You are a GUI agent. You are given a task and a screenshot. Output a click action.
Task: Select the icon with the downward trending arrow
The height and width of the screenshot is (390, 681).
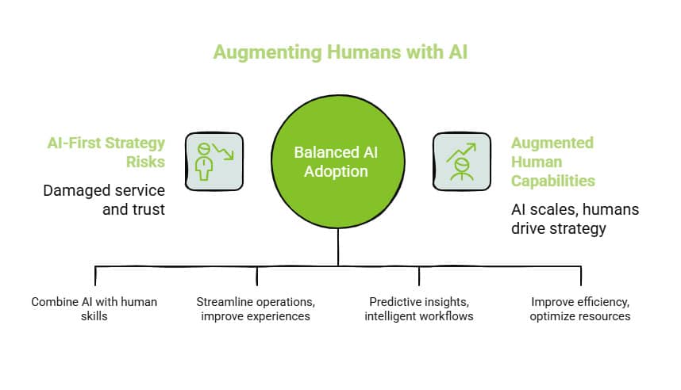coord(214,162)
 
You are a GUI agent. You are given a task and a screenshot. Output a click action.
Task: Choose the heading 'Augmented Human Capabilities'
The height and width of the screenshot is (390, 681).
coord(552,162)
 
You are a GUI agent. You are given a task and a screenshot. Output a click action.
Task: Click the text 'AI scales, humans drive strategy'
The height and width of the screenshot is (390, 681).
coord(575,219)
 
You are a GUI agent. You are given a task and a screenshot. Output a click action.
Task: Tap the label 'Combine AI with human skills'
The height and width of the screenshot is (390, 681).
coord(94,309)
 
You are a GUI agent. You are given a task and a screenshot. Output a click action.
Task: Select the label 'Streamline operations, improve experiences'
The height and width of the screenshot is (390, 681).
coord(256,309)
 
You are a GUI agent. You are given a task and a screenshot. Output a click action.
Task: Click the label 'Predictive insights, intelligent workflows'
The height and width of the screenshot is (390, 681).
coord(419,309)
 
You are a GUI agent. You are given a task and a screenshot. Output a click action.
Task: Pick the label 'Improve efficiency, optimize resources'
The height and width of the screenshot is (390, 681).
coord(581,309)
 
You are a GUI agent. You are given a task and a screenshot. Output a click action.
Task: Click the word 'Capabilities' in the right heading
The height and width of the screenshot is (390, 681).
coord(552,181)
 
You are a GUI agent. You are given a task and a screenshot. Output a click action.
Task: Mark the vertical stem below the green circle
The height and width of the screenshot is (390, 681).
coord(339,246)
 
